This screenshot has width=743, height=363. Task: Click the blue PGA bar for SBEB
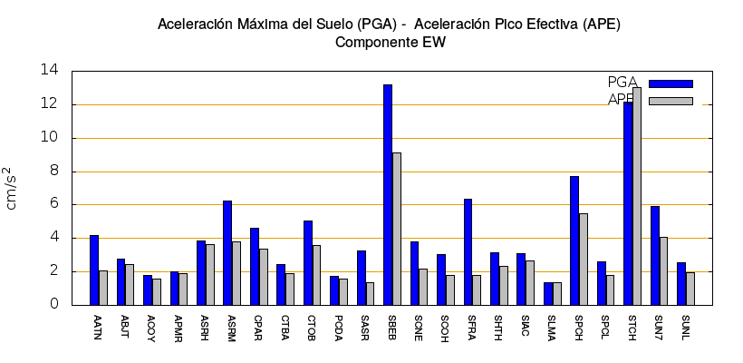[388, 195]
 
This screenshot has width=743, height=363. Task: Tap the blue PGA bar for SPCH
[574, 240]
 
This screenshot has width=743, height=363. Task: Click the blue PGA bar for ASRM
[227, 253]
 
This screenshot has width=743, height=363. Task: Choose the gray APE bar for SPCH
[584, 260]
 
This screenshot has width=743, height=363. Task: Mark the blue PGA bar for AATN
[94, 270]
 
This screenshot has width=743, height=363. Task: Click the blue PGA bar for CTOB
[308, 263]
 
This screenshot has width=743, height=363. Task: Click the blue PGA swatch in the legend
[671, 83]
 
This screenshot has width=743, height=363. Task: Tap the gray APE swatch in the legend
[671, 101]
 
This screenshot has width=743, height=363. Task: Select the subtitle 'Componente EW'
[390, 42]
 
